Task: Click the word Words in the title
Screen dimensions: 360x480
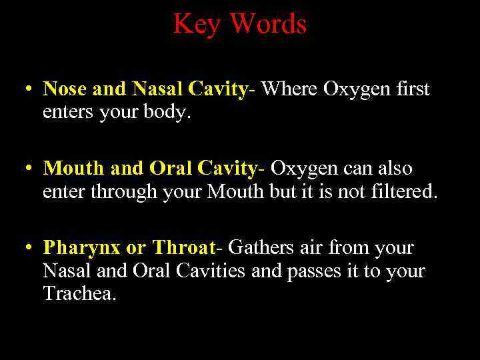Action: tap(268, 25)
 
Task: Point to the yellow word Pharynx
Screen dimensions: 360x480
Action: tap(81, 249)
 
